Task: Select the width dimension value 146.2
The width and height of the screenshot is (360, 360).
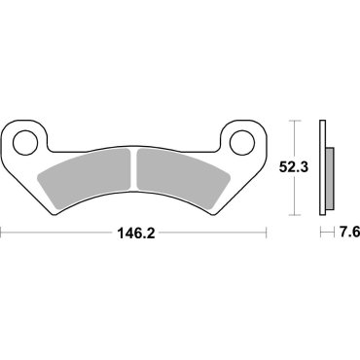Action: (134, 234)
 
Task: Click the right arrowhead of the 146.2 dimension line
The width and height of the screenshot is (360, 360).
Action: (264, 234)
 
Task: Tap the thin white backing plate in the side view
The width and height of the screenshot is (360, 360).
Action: (324, 167)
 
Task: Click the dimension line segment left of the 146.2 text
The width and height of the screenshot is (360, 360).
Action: (58, 234)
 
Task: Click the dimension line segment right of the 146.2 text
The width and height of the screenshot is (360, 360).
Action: (209, 234)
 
